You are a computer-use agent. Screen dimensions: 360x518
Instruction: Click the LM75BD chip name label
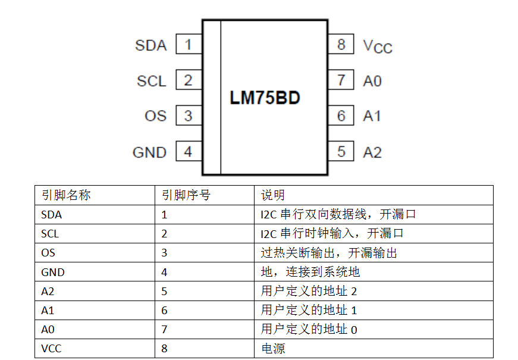265,98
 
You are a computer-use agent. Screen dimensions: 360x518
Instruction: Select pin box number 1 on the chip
189,45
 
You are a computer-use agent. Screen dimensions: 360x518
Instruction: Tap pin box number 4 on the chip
189,152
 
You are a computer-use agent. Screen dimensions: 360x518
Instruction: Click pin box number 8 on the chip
341,45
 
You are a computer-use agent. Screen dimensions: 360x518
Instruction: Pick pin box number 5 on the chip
341,152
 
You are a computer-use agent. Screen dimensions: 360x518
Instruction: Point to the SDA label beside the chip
151,45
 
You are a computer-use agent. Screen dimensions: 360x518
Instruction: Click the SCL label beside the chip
152,81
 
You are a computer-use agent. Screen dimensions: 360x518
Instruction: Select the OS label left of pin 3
156,116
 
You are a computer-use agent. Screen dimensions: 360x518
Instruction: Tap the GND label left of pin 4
149,152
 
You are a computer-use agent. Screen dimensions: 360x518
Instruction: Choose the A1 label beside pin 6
372,116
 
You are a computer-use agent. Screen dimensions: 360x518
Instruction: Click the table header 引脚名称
66,195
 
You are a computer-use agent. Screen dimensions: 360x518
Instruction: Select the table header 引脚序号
186,195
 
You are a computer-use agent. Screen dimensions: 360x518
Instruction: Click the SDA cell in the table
52,214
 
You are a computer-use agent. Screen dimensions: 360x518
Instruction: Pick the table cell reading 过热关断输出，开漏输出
328,253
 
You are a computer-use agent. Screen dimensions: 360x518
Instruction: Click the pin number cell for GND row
165,272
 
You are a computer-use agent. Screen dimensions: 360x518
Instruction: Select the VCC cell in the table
51,348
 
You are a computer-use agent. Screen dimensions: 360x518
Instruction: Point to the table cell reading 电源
272,348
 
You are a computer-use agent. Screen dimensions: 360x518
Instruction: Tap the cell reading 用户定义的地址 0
309,329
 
